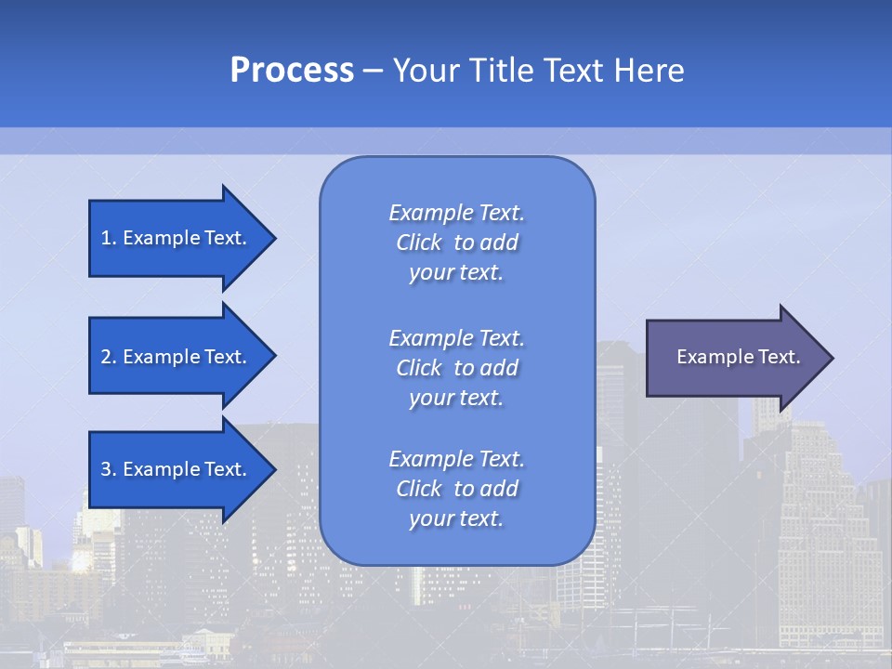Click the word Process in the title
292,71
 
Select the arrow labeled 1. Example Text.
177,238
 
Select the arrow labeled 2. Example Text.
177,357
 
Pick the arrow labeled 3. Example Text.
177,469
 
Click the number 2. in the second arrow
109,357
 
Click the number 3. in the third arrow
109,469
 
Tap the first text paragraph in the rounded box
456,243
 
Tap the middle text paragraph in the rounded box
456,368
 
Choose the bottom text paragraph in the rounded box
456,489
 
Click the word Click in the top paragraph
418,243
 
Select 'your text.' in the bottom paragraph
456,518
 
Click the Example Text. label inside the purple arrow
739,357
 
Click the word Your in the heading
426,71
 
